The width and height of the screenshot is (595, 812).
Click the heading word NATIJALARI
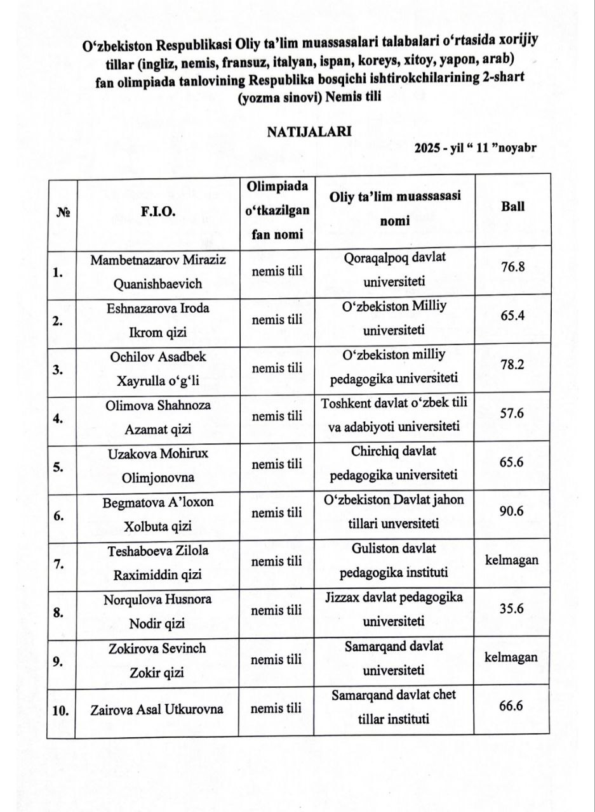[309, 131]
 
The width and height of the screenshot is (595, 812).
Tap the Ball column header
[512, 207]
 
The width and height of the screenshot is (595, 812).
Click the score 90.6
[511, 511]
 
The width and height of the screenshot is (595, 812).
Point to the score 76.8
[512, 266]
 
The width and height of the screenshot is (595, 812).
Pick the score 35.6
[511, 609]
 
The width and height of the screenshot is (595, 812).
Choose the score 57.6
[511, 413]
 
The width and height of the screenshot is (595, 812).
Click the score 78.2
[512, 365]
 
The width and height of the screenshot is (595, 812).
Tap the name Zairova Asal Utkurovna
[157, 709]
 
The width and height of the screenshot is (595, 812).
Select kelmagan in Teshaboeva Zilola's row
[512, 560]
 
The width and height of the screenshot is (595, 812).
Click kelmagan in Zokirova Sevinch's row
[511, 657]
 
